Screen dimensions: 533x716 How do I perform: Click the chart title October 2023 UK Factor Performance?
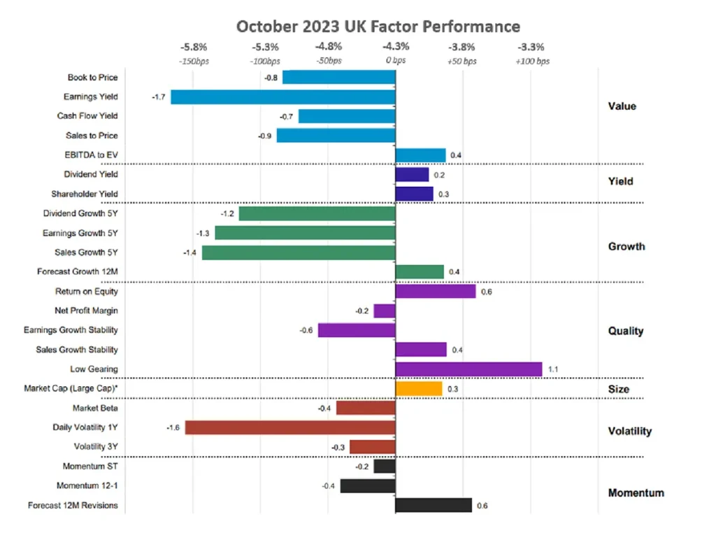click(378, 27)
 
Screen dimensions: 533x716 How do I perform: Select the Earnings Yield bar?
click(283, 97)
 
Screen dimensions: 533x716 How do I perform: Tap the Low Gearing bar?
click(468, 369)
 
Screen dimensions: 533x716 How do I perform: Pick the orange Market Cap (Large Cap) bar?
click(419, 388)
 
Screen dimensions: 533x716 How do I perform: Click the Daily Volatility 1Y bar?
click(290, 427)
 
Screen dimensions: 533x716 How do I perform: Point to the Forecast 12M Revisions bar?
click(434, 505)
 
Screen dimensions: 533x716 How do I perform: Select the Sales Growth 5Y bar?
click(299, 252)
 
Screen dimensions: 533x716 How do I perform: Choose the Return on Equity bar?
click(436, 291)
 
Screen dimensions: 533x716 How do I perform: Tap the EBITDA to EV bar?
click(420, 155)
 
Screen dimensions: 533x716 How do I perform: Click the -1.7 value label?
click(158, 97)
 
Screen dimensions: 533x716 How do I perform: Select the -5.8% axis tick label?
click(194, 48)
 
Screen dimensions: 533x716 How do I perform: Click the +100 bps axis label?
click(532, 62)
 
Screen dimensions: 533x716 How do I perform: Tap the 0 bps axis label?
click(396, 62)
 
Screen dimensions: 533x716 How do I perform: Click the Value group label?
click(622, 106)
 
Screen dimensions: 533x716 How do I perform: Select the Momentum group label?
click(636, 492)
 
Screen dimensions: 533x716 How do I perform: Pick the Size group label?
click(618, 389)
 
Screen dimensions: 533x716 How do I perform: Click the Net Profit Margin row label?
click(86, 311)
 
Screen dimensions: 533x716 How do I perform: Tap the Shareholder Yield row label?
click(85, 194)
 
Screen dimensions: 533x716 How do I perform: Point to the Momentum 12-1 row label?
click(87, 485)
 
